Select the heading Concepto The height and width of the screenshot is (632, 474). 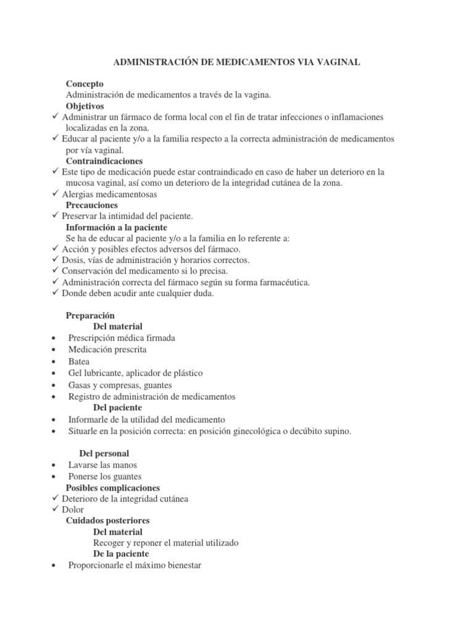coord(85,83)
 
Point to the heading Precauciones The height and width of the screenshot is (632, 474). coord(92,205)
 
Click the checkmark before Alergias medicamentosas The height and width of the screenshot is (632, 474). coord(56,194)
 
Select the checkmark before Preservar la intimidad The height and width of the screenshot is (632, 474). coord(56,216)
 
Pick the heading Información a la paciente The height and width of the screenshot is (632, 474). coord(117,227)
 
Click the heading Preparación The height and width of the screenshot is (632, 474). coord(90,315)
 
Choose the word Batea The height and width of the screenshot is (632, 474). coord(79,362)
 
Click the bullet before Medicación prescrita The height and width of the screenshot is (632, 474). coord(57,350)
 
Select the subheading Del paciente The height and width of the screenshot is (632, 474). coord(117,408)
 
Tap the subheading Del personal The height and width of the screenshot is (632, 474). coord(104,454)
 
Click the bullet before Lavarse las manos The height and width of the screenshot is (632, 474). coord(57,465)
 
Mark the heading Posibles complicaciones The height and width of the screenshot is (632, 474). coord(113,488)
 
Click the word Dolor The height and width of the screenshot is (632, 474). coord(73,510)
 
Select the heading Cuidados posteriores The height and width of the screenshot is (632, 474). coord(108,521)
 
